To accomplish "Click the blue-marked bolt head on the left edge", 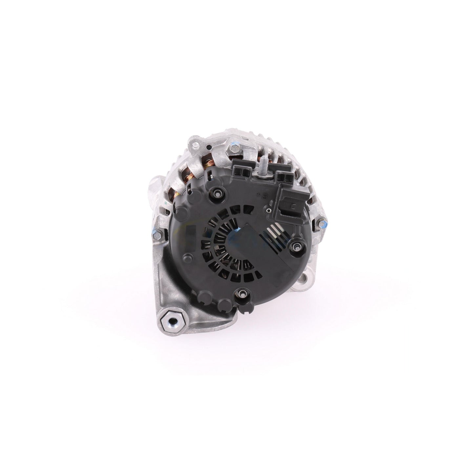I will pyautogui.click(x=156, y=233).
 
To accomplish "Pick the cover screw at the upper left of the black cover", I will pyautogui.click(x=217, y=191).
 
